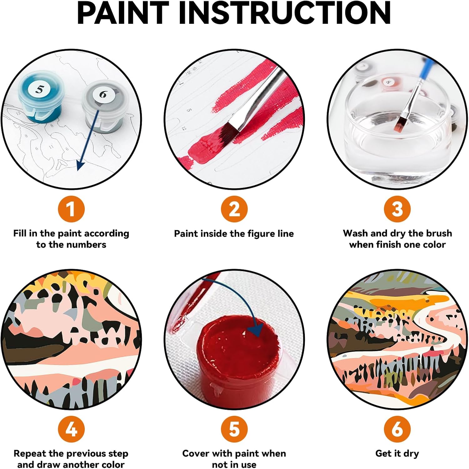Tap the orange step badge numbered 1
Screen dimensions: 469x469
click(71, 209)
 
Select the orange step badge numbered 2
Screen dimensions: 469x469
click(234, 209)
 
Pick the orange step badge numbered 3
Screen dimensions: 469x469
click(397, 209)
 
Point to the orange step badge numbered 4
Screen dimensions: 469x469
click(71, 429)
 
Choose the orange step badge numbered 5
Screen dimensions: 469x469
click(234, 429)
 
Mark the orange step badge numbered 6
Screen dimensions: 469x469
click(397, 429)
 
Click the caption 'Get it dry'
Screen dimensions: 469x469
click(397, 454)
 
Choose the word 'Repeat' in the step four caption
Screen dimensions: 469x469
click(30, 454)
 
